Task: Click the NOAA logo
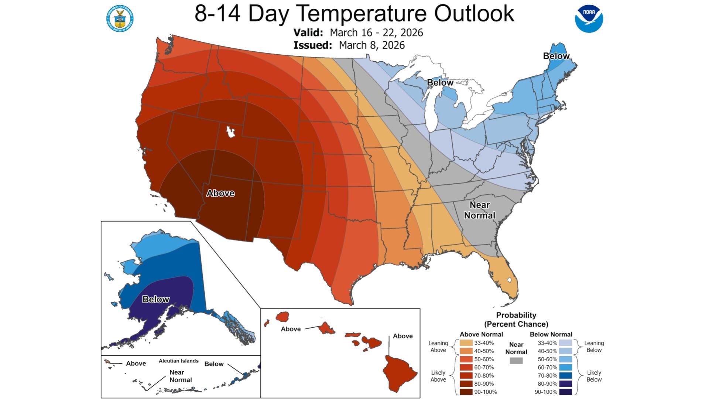[589, 18]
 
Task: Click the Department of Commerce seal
[120, 18]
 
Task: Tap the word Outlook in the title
[474, 13]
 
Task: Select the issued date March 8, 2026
[371, 45]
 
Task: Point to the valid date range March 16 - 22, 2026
[376, 33]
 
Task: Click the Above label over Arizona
[220, 193]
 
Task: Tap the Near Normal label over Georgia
[479, 210]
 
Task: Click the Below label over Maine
[556, 56]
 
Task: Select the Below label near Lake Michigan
[440, 82]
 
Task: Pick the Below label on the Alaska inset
[156, 299]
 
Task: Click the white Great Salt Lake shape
[231, 132]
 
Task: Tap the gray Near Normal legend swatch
[516, 361]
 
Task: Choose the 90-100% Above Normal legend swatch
[466, 392]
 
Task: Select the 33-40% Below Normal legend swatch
[565, 343]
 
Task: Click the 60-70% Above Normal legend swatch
[466, 367]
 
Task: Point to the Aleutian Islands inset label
[179, 361]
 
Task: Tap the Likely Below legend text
[594, 376]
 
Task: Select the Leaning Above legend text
[438, 347]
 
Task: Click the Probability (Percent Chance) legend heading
[516, 320]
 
